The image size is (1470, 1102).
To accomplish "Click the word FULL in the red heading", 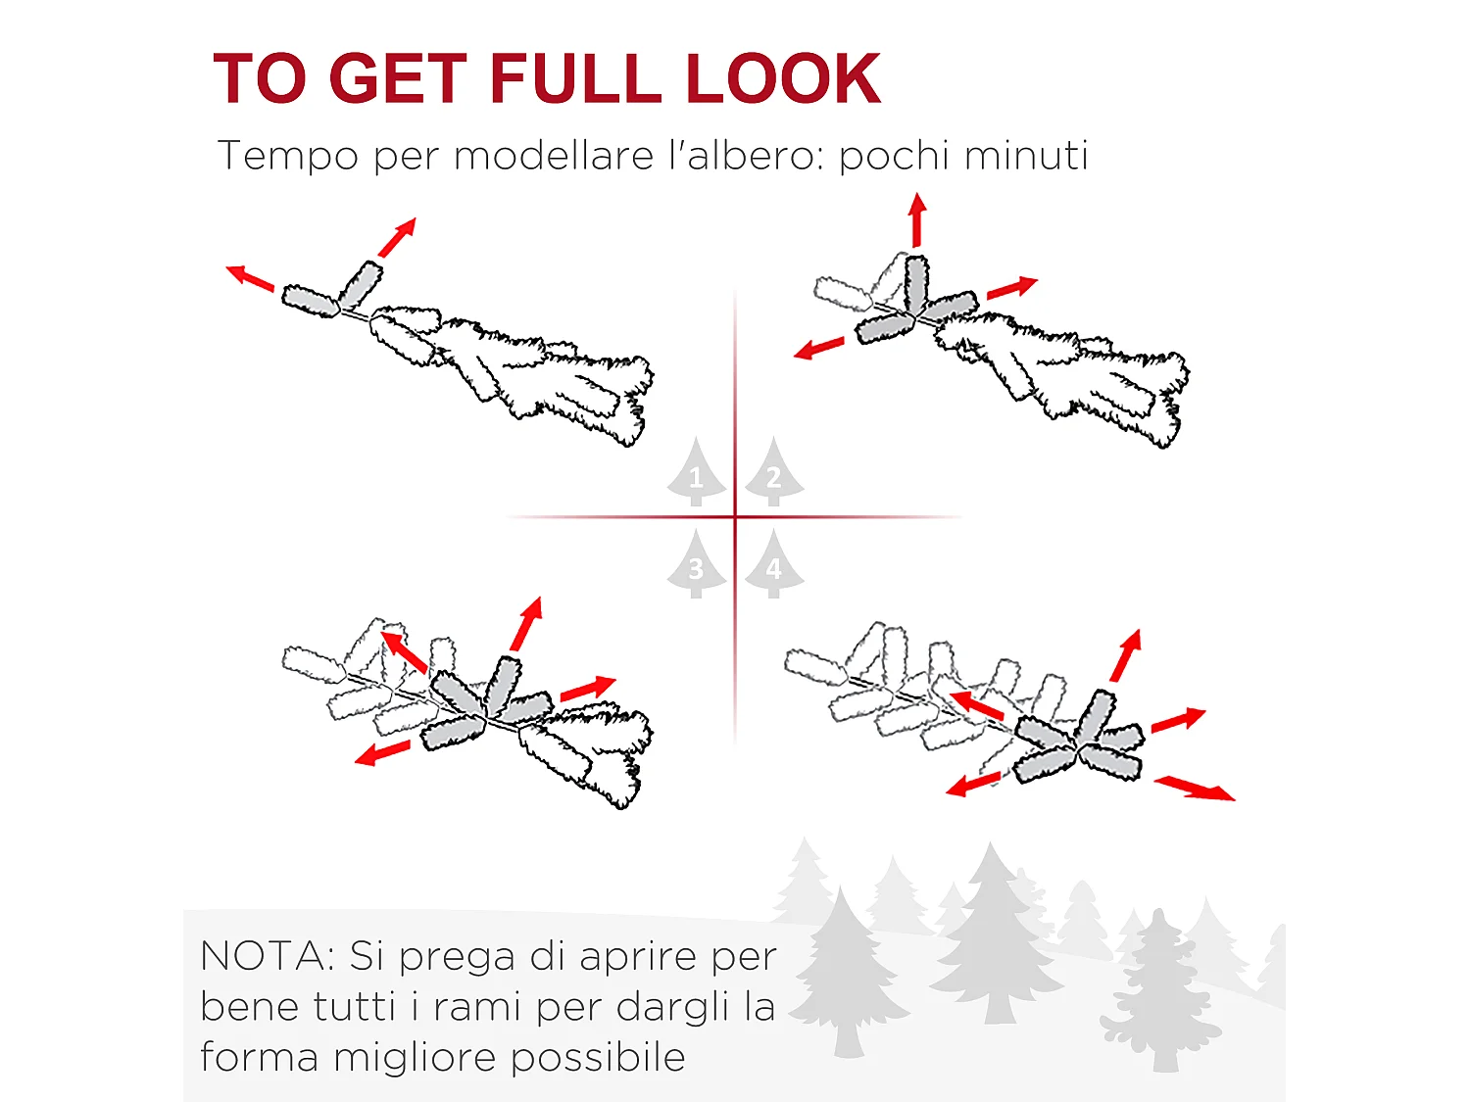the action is tap(575, 78).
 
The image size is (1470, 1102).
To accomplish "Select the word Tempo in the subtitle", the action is tap(288, 156).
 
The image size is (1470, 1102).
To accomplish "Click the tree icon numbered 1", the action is tap(697, 471).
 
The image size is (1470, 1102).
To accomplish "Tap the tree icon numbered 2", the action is tap(774, 471).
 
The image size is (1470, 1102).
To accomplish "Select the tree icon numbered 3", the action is tap(697, 563).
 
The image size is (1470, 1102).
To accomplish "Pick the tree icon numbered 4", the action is tap(774, 563).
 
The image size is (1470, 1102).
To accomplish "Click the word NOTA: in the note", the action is tap(268, 956).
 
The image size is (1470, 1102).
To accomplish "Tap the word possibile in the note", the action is tap(598, 1058).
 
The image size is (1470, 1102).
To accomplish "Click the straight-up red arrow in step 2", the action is tap(917, 220).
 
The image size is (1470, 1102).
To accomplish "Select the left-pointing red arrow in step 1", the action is tap(250, 278).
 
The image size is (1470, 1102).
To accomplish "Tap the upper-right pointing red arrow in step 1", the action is tap(397, 237).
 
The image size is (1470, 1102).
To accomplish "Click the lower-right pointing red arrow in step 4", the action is tap(1195, 788).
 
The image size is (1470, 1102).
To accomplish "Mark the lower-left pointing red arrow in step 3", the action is tap(382, 752).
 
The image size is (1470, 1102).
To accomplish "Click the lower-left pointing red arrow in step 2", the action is tap(818, 348).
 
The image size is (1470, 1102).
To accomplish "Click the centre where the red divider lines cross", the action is tap(735, 517).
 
